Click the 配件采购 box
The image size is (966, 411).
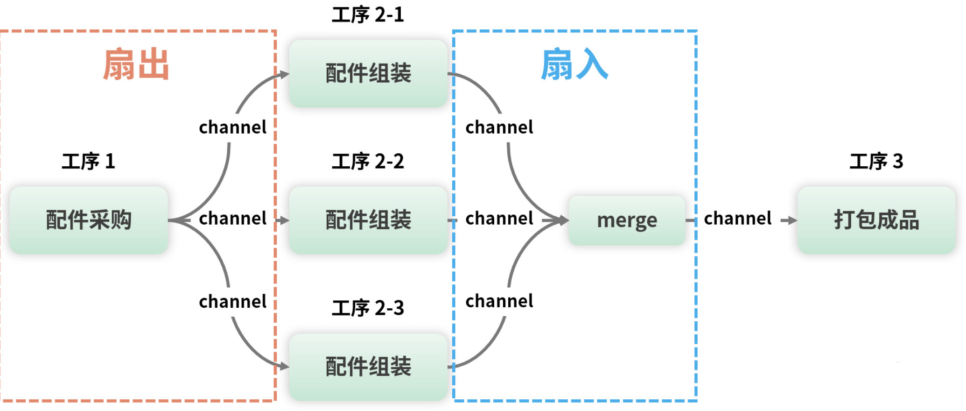click(89, 220)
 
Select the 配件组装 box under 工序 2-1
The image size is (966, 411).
click(368, 73)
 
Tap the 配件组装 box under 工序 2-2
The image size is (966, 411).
click(368, 220)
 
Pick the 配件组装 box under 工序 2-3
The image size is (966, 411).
click(368, 367)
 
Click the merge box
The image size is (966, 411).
click(627, 220)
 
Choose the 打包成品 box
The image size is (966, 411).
click(876, 220)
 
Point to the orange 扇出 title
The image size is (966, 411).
click(136, 64)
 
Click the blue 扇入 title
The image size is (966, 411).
click(574, 64)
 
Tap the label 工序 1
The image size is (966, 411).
click(88, 161)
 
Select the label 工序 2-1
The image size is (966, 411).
click(368, 15)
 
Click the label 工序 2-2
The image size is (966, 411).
click(368, 161)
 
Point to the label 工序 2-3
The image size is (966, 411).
click(368, 308)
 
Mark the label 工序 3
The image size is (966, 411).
click(876, 161)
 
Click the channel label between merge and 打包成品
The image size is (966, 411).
click(738, 218)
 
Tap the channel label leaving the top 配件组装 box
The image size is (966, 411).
click(499, 127)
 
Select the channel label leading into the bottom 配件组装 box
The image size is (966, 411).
click(233, 301)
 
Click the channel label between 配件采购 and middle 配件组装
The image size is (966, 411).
click(233, 218)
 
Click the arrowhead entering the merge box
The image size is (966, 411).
click(561, 220)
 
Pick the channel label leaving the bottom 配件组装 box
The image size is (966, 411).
click(499, 301)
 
